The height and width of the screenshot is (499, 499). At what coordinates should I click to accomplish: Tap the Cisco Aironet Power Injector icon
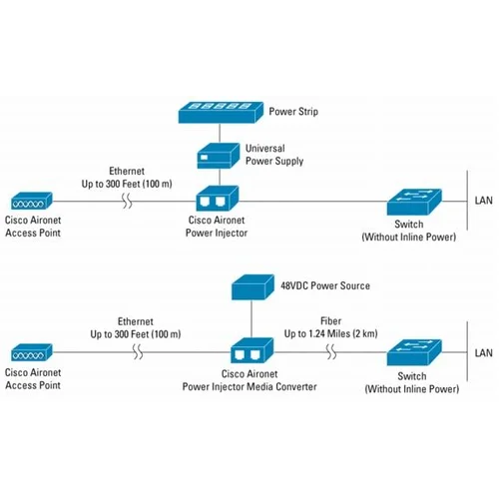coord(217,199)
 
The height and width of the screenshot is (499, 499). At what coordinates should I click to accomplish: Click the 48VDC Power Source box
coord(252,287)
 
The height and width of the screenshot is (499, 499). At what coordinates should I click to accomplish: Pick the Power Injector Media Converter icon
coord(249,351)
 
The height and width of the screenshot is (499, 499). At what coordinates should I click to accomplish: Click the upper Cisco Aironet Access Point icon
coord(29,201)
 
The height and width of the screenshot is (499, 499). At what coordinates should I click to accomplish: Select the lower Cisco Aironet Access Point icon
coord(30,352)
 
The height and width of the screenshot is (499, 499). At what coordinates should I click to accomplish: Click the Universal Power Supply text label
coord(275,155)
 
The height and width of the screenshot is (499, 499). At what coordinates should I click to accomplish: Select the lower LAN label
coord(482,352)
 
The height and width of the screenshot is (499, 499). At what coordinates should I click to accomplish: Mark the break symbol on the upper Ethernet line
coord(128,201)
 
